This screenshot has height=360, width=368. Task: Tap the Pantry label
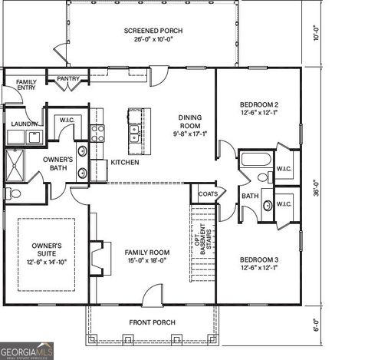click(x=68, y=78)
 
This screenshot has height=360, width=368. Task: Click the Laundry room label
click(x=25, y=123)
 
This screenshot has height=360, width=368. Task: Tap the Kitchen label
click(x=124, y=163)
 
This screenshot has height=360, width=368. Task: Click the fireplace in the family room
click(x=96, y=253)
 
